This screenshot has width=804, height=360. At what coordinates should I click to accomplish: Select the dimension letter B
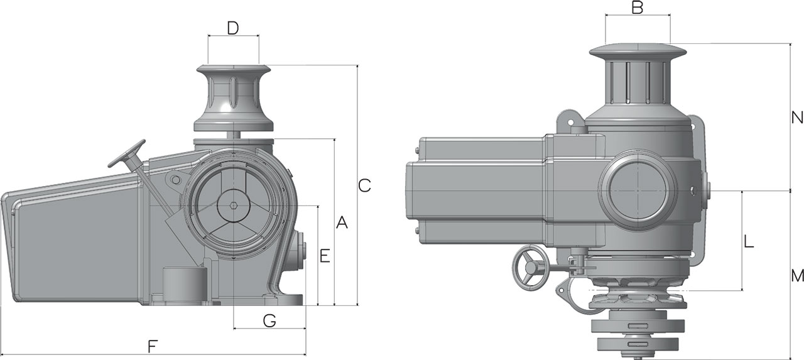pyautogui.click(x=638, y=8)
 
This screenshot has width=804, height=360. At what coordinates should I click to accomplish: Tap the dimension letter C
pyautogui.click(x=365, y=185)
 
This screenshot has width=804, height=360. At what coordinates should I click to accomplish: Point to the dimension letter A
pyautogui.click(x=342, y=222)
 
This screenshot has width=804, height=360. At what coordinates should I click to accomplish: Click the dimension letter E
pyautogui.click(x=325, y=256)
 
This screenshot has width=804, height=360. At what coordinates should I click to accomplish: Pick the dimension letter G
pyautogui.click(x=269, y=321)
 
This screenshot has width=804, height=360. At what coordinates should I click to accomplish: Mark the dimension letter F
pyautogui.click(x=153, y=346)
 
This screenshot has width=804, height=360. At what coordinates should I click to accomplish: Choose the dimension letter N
pyautogui.click(x=797, y=117)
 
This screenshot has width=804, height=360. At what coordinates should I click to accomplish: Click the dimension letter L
pyautogui.click(x=749, y=242)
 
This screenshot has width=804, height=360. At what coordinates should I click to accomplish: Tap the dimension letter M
pyautogui.click(x=797, y=275)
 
